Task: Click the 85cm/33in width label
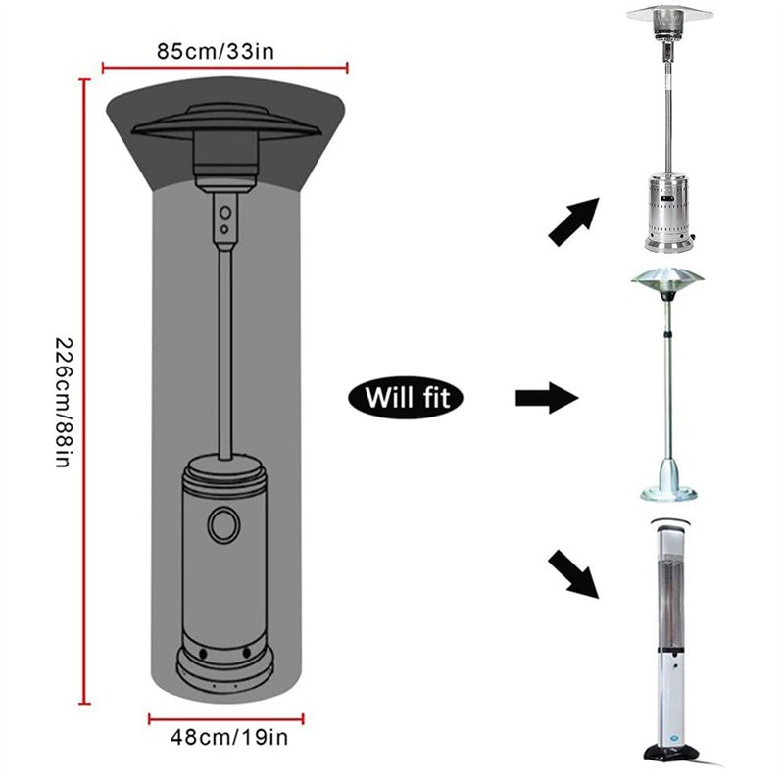point(216,52)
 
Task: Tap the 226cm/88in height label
point(64,403)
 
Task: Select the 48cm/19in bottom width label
point(229,737)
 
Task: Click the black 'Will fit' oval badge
point(406,398)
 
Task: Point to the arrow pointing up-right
point(574,221)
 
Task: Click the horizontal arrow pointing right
point(547,398)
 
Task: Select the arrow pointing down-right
point(574,573)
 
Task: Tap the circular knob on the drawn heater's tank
point(223,525)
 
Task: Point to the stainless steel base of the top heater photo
point(669,213)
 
